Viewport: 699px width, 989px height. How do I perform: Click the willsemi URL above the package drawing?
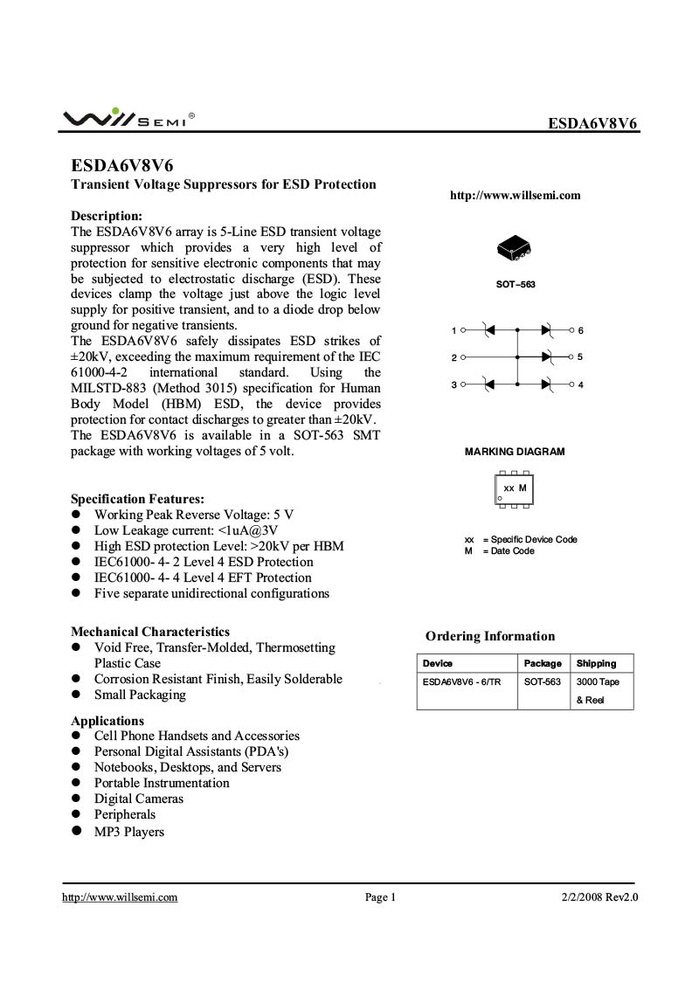(x=515, y=196)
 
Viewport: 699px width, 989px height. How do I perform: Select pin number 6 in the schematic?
(x=580, y=330)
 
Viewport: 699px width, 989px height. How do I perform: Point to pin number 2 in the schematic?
(x=453, y=357)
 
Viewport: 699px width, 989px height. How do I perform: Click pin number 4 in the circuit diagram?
(x=580, y=384)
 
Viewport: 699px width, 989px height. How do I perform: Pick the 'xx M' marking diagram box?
(x=515, y=488)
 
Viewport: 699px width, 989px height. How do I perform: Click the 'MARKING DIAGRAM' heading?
(x=515, y=452)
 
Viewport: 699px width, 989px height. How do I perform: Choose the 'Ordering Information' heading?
(x=490, y=636)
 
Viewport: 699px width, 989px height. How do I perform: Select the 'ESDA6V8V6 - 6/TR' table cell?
(x=462, y=681)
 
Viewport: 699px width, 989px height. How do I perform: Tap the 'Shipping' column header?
(x=596, y=663)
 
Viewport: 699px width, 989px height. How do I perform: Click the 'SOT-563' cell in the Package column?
(x=543, y=681)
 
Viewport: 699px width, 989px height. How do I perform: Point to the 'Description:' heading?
(x=107, y=216)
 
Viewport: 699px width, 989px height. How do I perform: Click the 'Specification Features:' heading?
(x=138, y=498)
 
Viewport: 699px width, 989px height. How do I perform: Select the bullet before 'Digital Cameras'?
(x=76, y=799)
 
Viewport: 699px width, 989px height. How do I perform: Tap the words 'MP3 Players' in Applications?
(x=129, y=832)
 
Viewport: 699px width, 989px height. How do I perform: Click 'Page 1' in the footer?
(x=381, y=896)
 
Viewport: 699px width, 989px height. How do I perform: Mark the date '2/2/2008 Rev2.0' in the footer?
(x=599, y=896)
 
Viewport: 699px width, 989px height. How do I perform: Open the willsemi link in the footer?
(x=120, y=896)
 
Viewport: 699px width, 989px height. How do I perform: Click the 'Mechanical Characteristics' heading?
(x=150, y=632)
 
